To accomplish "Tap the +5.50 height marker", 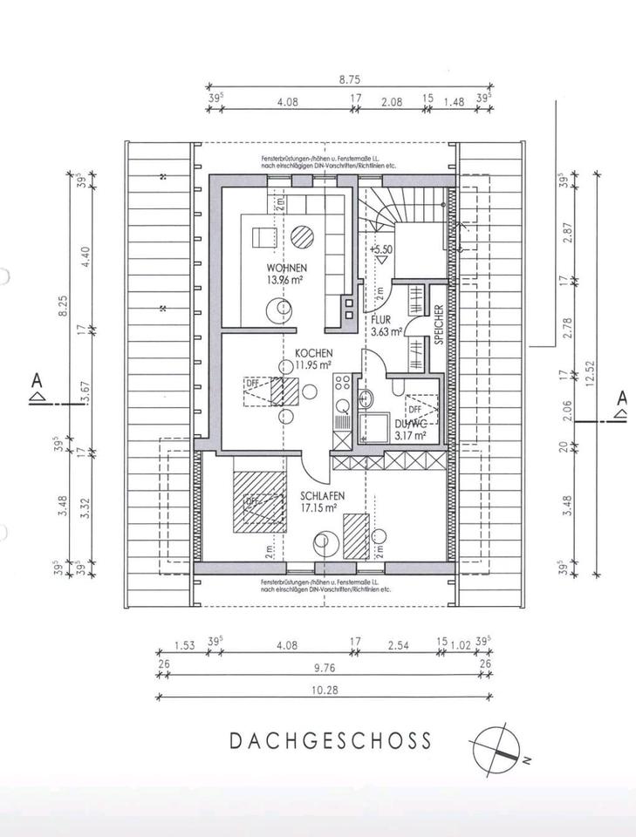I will point(381,249).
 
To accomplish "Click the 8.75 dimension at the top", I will point(350,79).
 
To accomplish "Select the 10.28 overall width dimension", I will point(323,689).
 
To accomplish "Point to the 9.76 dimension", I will point(323,669).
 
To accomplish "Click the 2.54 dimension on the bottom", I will point(399,646).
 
